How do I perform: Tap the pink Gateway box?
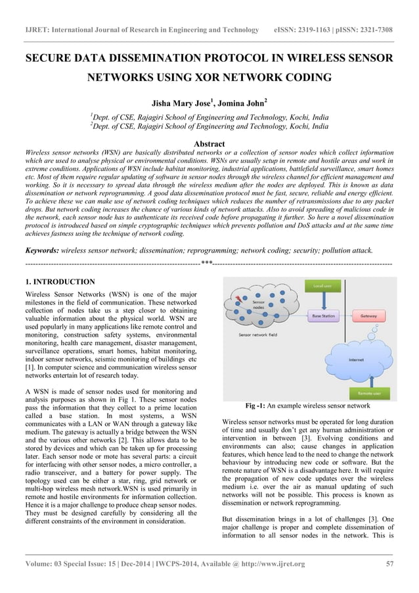click(x=368, y=316)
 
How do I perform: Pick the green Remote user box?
click(x=370, y=393)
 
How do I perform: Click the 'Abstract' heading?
click(x=209, y=143)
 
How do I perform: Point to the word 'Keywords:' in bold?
click(x=41, y=250)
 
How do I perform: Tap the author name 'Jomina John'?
click(x=240, y=103)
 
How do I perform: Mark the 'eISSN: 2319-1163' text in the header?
click(x=306, y=30)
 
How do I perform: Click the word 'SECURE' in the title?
click(x=51, y=59)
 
